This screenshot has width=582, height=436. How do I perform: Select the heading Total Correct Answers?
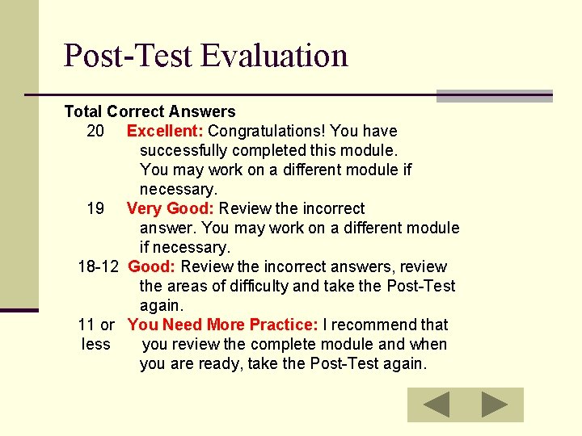(150, 111)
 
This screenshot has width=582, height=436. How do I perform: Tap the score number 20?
(95, 131)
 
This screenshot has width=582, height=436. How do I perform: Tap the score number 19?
(95, 208)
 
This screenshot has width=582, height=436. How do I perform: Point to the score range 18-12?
(99, 266)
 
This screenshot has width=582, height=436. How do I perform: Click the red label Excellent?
(165, 131)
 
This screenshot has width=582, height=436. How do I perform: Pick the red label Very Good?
(171, 208)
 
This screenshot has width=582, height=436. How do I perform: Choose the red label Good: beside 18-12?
(152, 266)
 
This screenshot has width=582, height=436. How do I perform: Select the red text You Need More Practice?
(222, 325)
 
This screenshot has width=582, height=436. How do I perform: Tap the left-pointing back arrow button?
(436, 405)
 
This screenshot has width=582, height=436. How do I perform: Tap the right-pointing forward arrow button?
(495, 405)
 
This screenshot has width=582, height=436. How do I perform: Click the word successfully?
(181, 150)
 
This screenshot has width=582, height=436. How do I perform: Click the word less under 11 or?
(96, 344)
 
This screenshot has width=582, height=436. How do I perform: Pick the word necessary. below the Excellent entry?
(179, 189)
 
